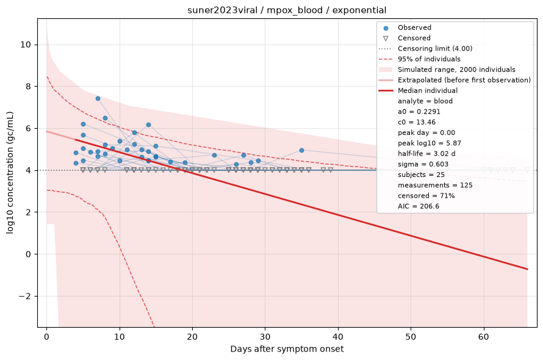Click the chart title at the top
[x=287, y=10]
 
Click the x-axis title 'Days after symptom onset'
[x=287, y=349]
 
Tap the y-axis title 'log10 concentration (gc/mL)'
[x=10, y=173]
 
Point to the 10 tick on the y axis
[x=26, y=45]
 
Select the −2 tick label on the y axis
[x=25, y=297]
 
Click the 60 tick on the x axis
[x=484, y=336]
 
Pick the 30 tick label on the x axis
[x=265, y=336]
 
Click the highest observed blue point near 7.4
[x=98, y=99]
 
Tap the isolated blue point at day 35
[x=301, y=150]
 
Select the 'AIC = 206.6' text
[x=419, y=206]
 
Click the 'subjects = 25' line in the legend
[x=421, y=175]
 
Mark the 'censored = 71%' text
[x=426, y=196]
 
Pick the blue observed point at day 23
[x=214, y=155]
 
